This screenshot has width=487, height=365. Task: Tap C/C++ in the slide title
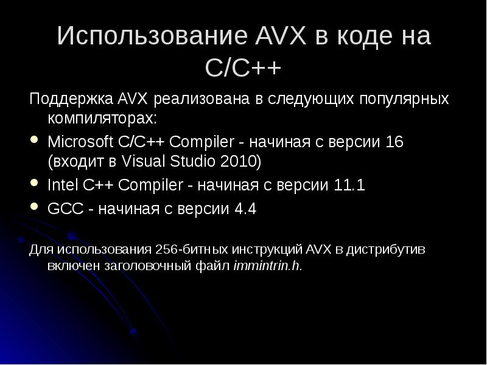point(243,68)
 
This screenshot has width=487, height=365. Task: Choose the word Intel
point(60,185)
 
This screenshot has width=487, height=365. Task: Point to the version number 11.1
point(349,185)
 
